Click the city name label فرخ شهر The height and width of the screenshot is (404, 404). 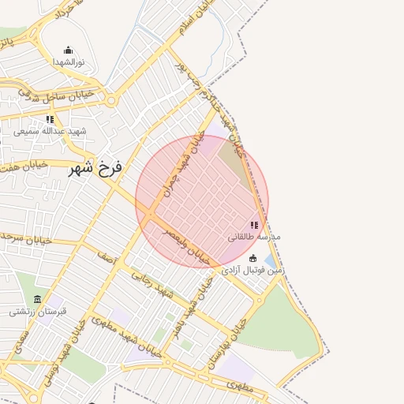pos(95,167)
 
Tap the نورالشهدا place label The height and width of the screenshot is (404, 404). pos(68,61)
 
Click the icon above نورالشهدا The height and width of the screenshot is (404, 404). pos(68,50)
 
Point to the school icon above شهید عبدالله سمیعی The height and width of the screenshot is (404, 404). pos(50,119)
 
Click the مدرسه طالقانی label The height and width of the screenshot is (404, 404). pos(254,236)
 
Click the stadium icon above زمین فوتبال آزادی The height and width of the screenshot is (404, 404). pos(252,259)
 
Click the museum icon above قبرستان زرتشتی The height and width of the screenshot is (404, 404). pos(38,299)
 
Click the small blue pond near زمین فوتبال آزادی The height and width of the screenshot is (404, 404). pos(270,261)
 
